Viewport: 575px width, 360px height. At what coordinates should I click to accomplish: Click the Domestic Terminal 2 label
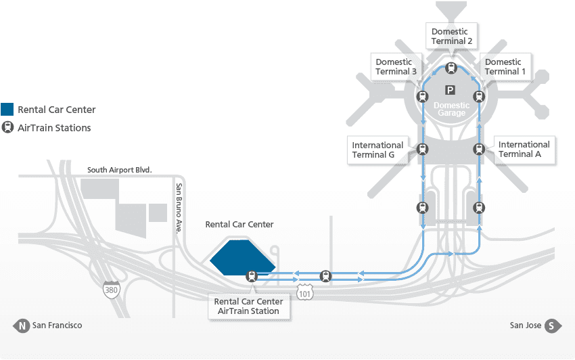coord(451,36)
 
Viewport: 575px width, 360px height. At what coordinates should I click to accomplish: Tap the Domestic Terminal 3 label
coord(396,67)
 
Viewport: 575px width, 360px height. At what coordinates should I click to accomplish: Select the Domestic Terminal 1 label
coord(503,67)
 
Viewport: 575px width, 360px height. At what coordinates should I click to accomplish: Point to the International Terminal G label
coord(377,150)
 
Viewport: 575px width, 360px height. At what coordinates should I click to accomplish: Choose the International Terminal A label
coord(524,149)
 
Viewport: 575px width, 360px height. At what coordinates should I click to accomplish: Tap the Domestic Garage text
coord(451,109)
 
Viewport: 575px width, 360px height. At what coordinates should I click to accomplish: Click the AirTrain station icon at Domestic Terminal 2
coord(451,68)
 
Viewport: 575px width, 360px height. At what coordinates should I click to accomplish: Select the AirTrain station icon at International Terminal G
coord(423,150)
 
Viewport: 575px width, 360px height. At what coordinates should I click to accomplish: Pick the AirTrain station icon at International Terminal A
coord(479,150)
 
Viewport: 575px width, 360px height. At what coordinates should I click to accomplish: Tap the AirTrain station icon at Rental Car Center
coord(252,275)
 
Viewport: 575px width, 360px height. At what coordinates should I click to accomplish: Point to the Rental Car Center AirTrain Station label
coord(248,306)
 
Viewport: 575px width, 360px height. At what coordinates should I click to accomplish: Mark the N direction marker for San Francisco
coord(22,325)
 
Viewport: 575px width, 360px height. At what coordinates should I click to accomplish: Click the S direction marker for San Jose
coord(553,325)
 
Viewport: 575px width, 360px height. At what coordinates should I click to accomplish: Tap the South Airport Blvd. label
coord(120,170)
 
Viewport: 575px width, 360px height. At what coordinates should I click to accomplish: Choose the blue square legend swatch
coord(7,110)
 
